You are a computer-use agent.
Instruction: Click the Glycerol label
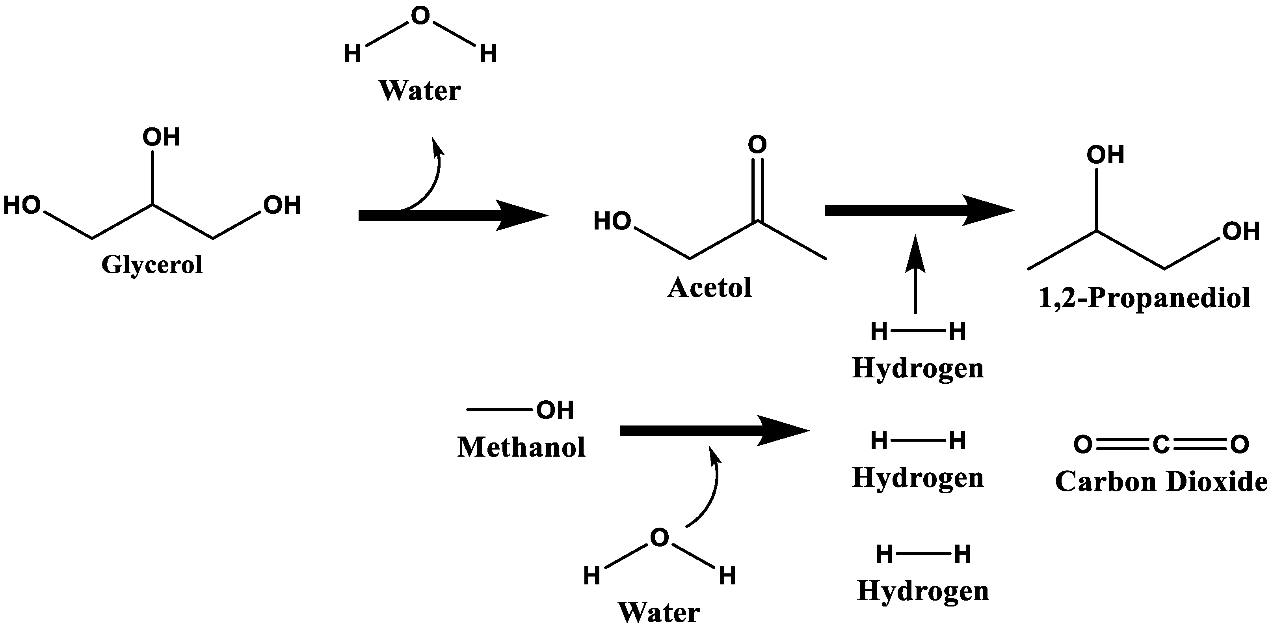(x=152, y=265)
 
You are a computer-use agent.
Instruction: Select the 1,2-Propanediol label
(x=1144, y=299)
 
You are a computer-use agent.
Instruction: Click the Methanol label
(x=521, y=447)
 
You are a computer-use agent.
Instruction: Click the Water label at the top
(x=420, y=91)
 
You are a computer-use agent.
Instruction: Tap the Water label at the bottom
(x=659, y=613)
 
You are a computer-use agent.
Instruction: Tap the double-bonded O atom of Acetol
(x=757, y=145)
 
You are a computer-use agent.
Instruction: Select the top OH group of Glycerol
(x=161, y=137)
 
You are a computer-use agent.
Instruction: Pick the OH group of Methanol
(x=555, y=410)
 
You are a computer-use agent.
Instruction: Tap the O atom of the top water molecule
(x=420, y=16)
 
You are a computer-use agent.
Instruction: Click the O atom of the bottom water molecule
(x=659, y=537)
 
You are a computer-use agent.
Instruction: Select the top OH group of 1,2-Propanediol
(x=1105, y=155)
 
